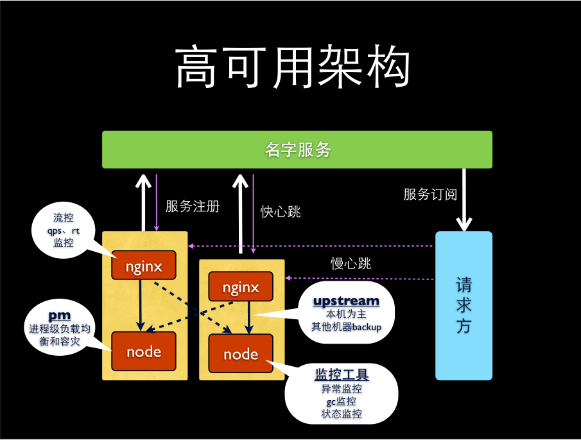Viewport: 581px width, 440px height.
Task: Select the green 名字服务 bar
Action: (x=297, y=150)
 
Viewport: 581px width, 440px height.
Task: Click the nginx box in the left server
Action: (x=144, y=265)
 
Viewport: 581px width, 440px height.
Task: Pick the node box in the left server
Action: (x=144, y=351)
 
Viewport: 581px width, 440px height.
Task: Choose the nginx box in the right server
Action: (x=241, y=286)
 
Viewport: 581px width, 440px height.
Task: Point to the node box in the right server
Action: (x=241, y=355)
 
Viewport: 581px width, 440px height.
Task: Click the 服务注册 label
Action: (x=192, y=206)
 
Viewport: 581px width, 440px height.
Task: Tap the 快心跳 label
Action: (x=281, y=211)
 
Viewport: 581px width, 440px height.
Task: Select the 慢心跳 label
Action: (x=351, y=263)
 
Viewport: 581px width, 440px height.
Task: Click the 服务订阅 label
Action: (x=430, y=194)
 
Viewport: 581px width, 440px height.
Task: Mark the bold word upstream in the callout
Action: (x=346, y=301)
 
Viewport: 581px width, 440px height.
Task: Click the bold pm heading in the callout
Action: (x=60, y=315)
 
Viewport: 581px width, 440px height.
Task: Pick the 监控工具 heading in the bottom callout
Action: (x=342, y=374)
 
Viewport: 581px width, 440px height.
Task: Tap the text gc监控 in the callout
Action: (x=342, y=401)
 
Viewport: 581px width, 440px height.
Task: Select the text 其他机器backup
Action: (x=346, y=327)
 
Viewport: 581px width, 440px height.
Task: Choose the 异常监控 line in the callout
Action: (x=342, y=389)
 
